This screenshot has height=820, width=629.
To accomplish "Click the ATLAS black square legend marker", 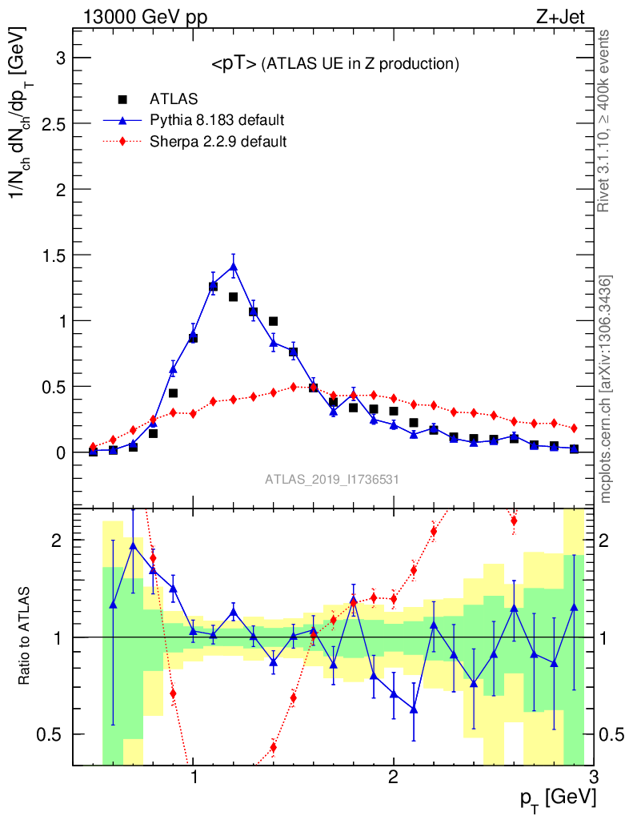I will (122, 99).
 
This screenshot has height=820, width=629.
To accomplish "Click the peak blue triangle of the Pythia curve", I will (234, 266).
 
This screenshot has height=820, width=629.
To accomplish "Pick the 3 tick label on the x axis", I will (593, 778).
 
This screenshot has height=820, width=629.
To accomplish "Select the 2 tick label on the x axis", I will (394, 778).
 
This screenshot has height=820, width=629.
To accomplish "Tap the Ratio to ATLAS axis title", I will (26, 636).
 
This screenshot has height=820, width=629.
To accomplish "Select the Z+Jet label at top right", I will (567, 16).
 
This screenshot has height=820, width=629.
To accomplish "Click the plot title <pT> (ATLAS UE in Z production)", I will (335, 64).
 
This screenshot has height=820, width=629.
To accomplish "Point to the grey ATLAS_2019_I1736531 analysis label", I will (332, 480).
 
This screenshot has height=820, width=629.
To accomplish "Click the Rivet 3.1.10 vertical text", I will (605, 120).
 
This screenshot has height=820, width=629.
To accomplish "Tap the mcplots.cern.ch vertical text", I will (607, 389).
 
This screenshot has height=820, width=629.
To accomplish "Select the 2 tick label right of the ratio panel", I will (612, 541).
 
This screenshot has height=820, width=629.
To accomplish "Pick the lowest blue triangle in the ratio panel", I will (414, 709).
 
